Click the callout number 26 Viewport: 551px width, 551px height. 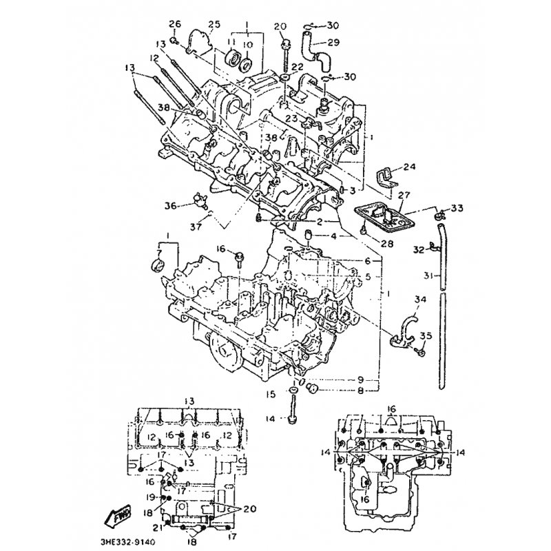(x=174, y=25)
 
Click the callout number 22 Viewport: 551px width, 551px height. (x=298, y=66)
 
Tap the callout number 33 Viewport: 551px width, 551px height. (x=458, y=208)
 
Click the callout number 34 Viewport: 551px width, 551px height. (x=421, y=299)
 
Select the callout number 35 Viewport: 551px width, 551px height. (x=426, y=337)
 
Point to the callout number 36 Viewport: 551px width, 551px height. (x=170, y=205)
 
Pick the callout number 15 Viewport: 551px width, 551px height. (x=272, y=395)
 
